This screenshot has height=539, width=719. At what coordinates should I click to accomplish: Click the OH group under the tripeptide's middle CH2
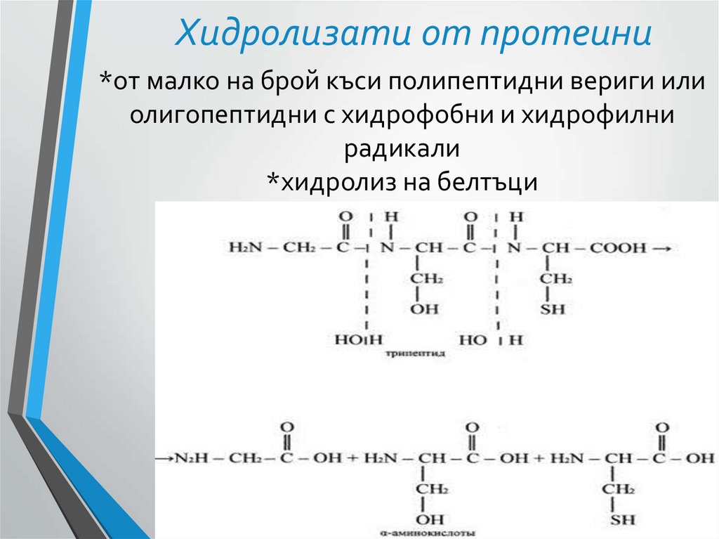coord(424,309)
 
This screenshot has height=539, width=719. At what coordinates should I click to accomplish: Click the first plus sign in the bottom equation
coord(348,458)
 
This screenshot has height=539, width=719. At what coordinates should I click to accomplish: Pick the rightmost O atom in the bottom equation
coord(661,427)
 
